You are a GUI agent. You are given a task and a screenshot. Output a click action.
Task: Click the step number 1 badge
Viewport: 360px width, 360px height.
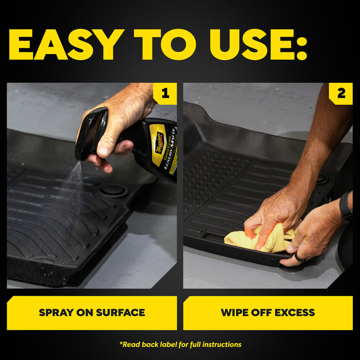click(165, 94)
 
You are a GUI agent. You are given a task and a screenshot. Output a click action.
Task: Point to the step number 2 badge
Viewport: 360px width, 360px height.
click(341, 94)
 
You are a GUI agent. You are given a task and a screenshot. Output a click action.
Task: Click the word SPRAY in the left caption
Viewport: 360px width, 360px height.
click(57, 312)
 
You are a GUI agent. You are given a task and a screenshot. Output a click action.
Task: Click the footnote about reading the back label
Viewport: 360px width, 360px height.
click(180, 344)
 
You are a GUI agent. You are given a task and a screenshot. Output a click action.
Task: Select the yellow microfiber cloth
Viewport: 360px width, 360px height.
click(257, 239)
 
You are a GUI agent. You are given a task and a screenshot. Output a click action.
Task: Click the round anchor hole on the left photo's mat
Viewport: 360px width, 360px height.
click(114, 190)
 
